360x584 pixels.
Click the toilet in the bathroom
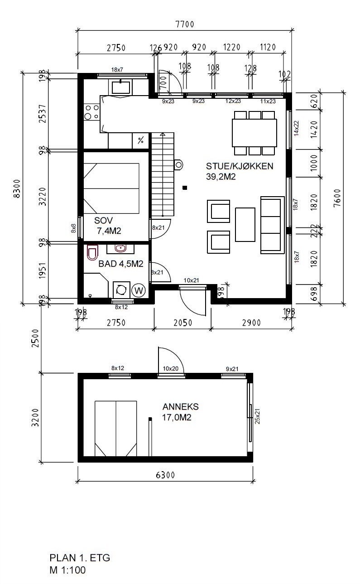click(92, 252)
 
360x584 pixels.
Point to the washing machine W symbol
click(139, 290)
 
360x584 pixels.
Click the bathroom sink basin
click(120, 248)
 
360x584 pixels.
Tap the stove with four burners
click(91, 112)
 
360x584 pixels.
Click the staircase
click(162, 174)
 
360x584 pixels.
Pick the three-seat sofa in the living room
click(272, 225)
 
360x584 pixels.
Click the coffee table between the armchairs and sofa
click(245, 225)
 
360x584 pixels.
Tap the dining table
click(254, 133)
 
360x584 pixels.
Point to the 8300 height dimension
click(17, 188)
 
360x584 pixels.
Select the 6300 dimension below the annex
click(165, 475)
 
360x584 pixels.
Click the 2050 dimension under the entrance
click(182, 323)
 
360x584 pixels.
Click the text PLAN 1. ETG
click(80, 557)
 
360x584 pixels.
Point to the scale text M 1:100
click(67, 570)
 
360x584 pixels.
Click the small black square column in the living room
click(184, 187)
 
